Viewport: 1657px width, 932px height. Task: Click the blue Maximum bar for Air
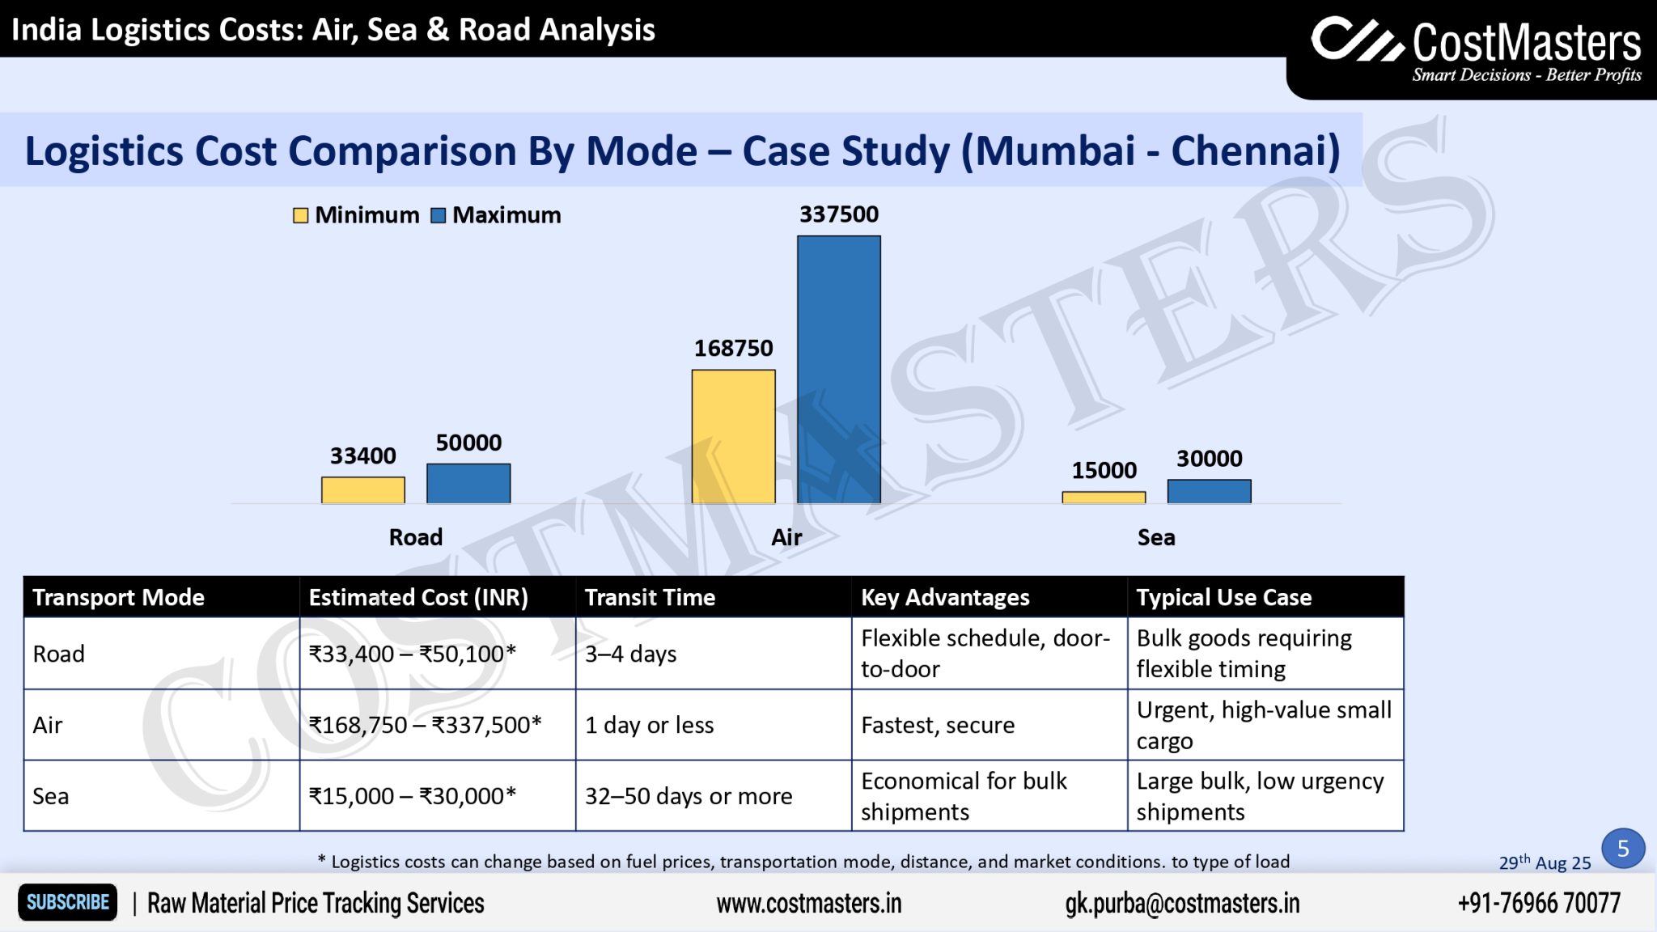[x=838, y=369]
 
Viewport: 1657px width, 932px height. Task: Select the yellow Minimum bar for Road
[x=362, y=490]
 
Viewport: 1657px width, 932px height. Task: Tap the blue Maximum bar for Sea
[x=1209, y=491]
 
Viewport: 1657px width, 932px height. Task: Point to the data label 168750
[x=733, y=349]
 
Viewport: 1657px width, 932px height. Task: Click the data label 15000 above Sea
[x=1104, y=470]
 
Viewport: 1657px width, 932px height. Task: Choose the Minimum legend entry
[x=356, y=215]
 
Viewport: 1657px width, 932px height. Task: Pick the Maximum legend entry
[x=496, y=215]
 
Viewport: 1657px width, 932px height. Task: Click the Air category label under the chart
[x=786, y=537]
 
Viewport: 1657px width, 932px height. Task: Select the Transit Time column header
[x=650, y=597]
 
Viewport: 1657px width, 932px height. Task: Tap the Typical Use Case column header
[x=1223, y=597]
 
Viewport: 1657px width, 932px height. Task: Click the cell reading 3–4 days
[x=630, y=654]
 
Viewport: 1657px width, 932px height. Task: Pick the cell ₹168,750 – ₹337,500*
[x=425, y=725]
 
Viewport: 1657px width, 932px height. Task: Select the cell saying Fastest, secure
[x=937, y=725]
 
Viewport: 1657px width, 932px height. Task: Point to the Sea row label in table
[x=51, y=796]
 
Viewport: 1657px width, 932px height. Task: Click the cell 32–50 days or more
[x=688, y=796]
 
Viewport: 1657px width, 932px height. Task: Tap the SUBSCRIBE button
[x=68, y=902]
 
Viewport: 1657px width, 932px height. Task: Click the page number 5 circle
[x=1622, y=848]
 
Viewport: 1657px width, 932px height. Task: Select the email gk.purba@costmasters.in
[x=1182, y=903]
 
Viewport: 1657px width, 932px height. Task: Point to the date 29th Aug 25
[x=1544, y=862]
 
